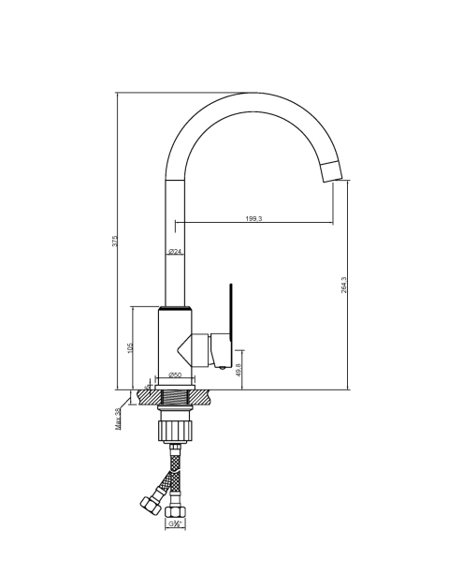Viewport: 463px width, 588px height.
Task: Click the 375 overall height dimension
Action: coord(115,241)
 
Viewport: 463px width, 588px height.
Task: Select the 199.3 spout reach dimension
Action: coord(254,218)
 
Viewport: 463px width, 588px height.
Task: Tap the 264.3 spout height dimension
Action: coord(344,285)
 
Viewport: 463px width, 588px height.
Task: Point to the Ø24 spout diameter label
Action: coord(175,251)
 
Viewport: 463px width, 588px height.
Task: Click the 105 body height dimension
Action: coord(130,347)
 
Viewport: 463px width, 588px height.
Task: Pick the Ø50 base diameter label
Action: coord(175,375)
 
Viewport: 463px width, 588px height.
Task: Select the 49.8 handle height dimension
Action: coord(239,370)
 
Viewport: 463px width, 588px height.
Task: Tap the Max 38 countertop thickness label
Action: coord(119,419)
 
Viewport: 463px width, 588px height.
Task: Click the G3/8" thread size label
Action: coord(175,523)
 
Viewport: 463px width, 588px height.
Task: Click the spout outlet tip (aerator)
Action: coord(332,171)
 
